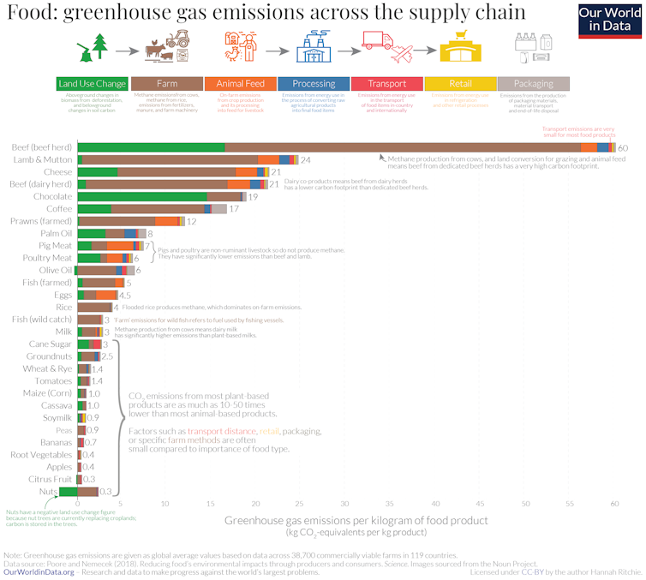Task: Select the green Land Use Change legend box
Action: click(92, 83)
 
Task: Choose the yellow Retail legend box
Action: click(459, 83)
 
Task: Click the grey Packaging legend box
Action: click(533, 83)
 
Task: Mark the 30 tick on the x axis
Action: click(345, 503)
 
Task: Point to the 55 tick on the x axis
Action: click(570, 503)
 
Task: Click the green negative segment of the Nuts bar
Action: click(69, 491)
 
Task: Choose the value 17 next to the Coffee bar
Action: click(233, 209)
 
